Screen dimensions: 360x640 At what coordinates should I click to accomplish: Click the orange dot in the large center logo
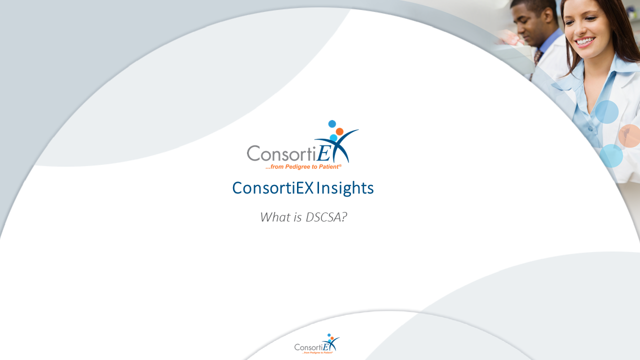[339, 131]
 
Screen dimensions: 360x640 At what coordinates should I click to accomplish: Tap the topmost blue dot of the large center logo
[332, 123]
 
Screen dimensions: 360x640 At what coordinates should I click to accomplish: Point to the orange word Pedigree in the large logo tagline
[296, 167]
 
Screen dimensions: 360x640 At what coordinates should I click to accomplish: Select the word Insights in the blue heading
[345, 188]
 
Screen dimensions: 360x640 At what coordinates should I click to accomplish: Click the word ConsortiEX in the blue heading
[272, 188]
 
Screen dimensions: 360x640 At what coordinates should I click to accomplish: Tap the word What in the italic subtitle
[274, 217]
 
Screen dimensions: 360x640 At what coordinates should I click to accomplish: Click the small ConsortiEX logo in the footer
[317, 344]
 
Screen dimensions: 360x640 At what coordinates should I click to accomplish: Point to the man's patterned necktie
[537, 57]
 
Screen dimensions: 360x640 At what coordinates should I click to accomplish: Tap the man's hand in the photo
[505, 37]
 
